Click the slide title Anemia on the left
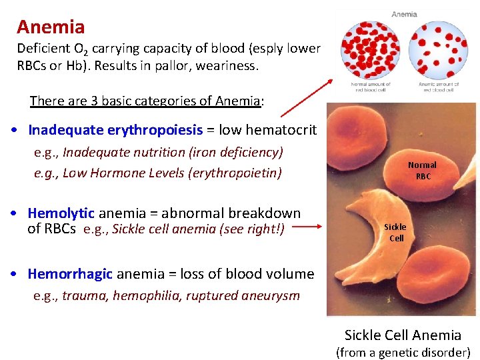point(51,27)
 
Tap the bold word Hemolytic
point(61,213)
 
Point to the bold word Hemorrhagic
point(71,273)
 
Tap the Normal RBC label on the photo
point(422,170)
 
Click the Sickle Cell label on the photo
point(396,232)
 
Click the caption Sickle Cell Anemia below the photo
point(403,335)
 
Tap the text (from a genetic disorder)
point(403,352)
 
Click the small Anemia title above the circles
point(404,14)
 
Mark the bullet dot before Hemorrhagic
point(14,274)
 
